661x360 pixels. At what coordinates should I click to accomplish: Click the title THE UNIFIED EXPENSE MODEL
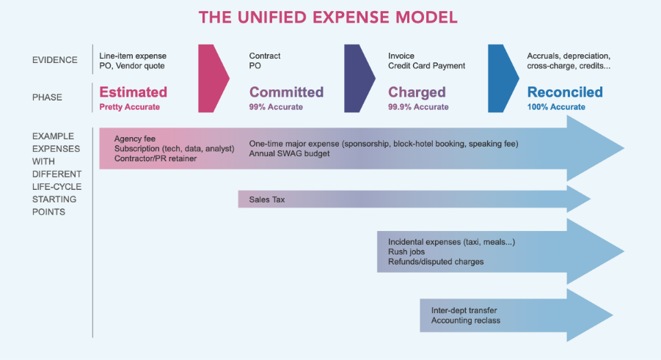click(x=328, y=18)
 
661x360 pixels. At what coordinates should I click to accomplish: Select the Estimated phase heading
click(x=134, y=92)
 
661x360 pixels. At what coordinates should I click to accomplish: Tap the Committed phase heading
click(x=286, y=92)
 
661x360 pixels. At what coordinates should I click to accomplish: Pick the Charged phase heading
click(x=417, y=92)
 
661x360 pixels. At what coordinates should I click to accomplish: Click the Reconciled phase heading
click(x=565, y=92)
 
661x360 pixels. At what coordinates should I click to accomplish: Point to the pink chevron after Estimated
click(x=213, y=78)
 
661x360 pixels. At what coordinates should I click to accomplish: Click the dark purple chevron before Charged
click(x=359, y=78)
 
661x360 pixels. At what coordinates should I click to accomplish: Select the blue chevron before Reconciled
click(x=503, y=78)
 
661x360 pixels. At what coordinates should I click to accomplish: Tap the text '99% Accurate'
click(x=276, y=107)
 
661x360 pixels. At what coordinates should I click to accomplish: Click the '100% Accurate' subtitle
click(x=556, y=107)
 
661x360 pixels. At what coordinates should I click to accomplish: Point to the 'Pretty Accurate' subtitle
click(x=129, y=107)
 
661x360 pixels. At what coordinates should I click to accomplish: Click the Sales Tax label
click(x=267, y=199)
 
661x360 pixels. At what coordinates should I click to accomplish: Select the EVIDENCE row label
click(x=55, y=60)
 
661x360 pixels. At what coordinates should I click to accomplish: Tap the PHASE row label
click(x=47, y=98)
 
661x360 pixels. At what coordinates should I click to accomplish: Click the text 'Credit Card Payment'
click(x=427, y=66)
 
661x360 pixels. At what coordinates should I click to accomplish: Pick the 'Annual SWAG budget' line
click(x=289, y=153)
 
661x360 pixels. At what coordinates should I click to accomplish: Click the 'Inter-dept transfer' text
click(x=464, y=310)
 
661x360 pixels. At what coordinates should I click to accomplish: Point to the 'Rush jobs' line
click(x=406, y=251)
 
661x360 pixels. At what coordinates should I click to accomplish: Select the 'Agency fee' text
click(x=134, y=139)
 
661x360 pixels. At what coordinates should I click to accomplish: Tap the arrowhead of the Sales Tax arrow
click(x=578, y=199)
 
